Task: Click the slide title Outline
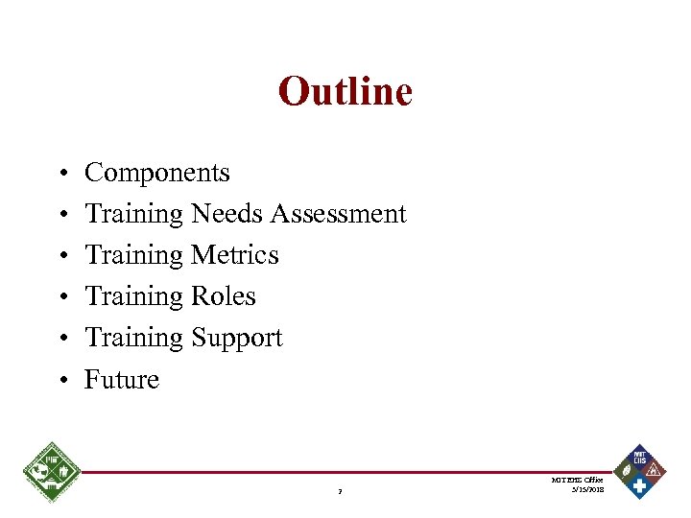345,92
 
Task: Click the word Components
157,173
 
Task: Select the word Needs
227,214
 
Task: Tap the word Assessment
338,214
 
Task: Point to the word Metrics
235,255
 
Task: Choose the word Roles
224,296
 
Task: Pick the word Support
237,338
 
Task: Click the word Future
122,380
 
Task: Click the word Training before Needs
134,214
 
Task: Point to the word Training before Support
134,338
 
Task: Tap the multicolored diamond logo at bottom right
639,471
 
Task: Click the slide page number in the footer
341,493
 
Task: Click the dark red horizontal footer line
345,472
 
